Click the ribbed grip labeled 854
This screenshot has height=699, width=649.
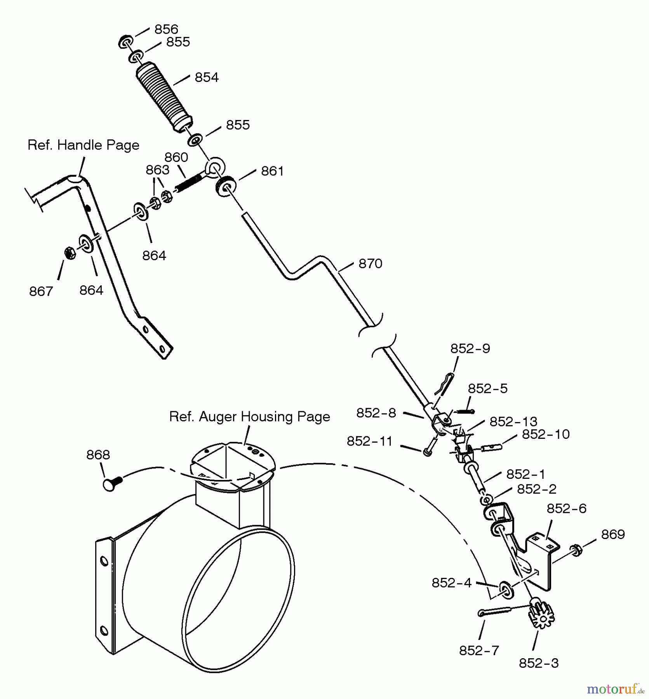click(x=164, y=97)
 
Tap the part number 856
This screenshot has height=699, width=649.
click(x=166, y=29)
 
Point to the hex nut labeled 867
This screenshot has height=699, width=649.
click(x=70, y=253)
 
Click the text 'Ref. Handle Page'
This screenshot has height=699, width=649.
click(x=84, y=145)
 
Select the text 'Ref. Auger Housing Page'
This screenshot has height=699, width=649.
click(x=250, y=416)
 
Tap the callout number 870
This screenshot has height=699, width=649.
click(x=371, y=264)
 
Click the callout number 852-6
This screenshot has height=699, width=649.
click(x=567, y=509)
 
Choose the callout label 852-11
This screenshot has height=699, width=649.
click(x=370, y=441)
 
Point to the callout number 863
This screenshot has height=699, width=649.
click(x=157, y=170)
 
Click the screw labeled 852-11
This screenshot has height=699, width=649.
click(x=430, y=445)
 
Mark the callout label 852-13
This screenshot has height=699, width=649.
click(x=513, y=422)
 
